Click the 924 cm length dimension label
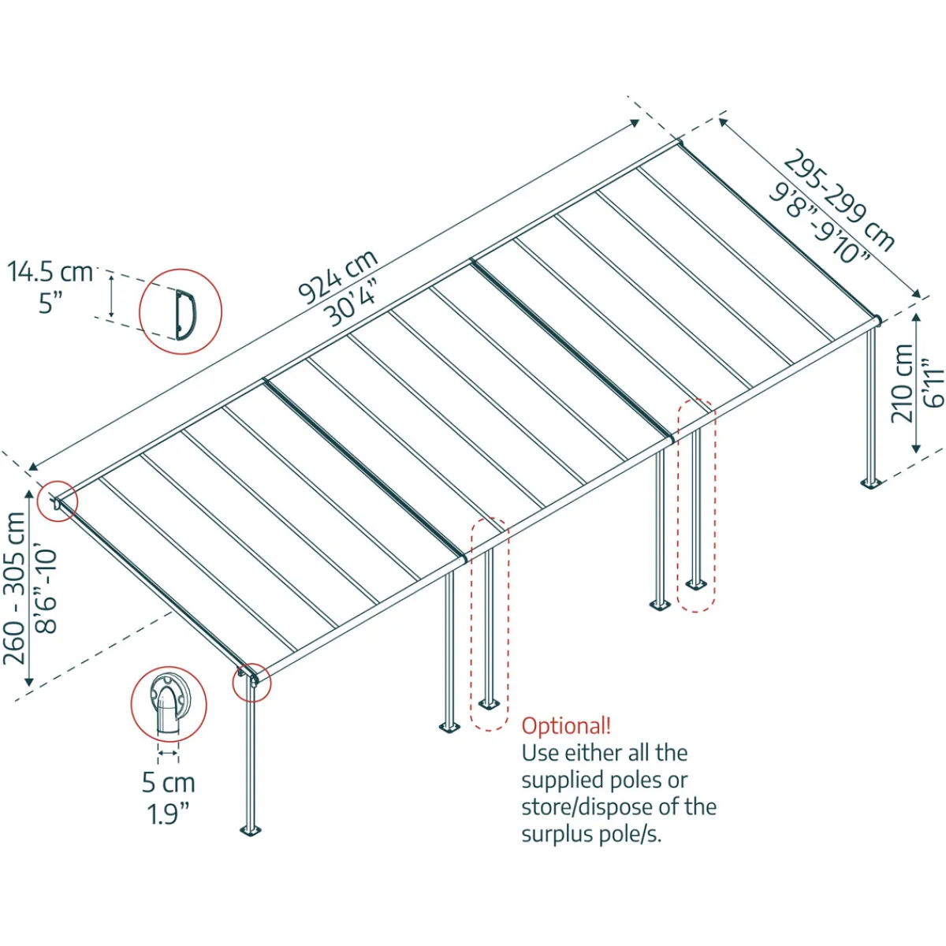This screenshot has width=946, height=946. coord(338,277)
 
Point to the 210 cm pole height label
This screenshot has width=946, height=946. coord(902,383)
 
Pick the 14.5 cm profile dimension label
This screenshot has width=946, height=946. coord(50,273)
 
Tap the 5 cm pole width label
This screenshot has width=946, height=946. coord(169,783)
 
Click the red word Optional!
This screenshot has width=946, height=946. coord(566,726)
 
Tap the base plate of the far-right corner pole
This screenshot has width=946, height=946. coord(871,485)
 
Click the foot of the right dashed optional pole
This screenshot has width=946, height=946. coord(696,584)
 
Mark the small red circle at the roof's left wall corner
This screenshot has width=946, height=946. coord(58,501)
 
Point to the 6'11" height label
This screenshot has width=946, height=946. coord(933,384)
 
